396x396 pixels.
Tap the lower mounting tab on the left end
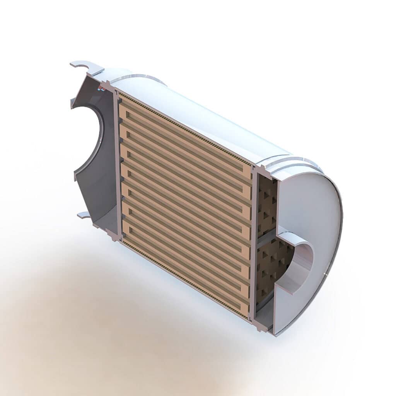click(84, 215)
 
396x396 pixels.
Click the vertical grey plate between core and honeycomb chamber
click(254, 247)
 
